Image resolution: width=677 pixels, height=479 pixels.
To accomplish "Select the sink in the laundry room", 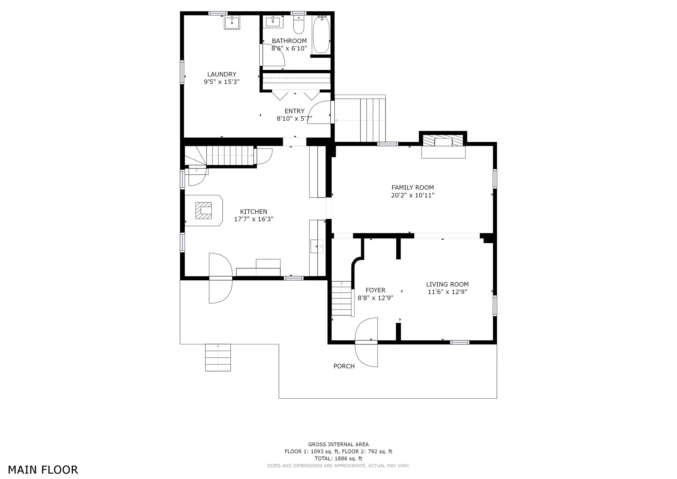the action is [232, 23].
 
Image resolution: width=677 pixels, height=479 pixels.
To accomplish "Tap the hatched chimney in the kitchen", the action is [203, 210].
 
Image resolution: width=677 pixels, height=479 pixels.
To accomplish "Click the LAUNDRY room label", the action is [222, 74].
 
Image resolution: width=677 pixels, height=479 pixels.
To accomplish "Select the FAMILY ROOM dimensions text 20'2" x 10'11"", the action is [412, 195].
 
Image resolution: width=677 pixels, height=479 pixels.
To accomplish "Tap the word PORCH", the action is [344, 366].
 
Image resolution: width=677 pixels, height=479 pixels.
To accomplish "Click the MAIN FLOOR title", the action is [43, 470].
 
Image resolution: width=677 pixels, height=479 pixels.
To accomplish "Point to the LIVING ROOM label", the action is [447, 284].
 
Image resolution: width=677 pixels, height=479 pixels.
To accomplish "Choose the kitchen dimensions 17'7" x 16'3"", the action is [253, 219].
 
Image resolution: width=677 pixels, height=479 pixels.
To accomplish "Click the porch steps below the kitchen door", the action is [218, 357].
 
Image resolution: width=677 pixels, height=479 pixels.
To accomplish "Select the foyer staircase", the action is [342, 298].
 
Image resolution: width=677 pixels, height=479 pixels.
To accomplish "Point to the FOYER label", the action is [375, 290].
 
